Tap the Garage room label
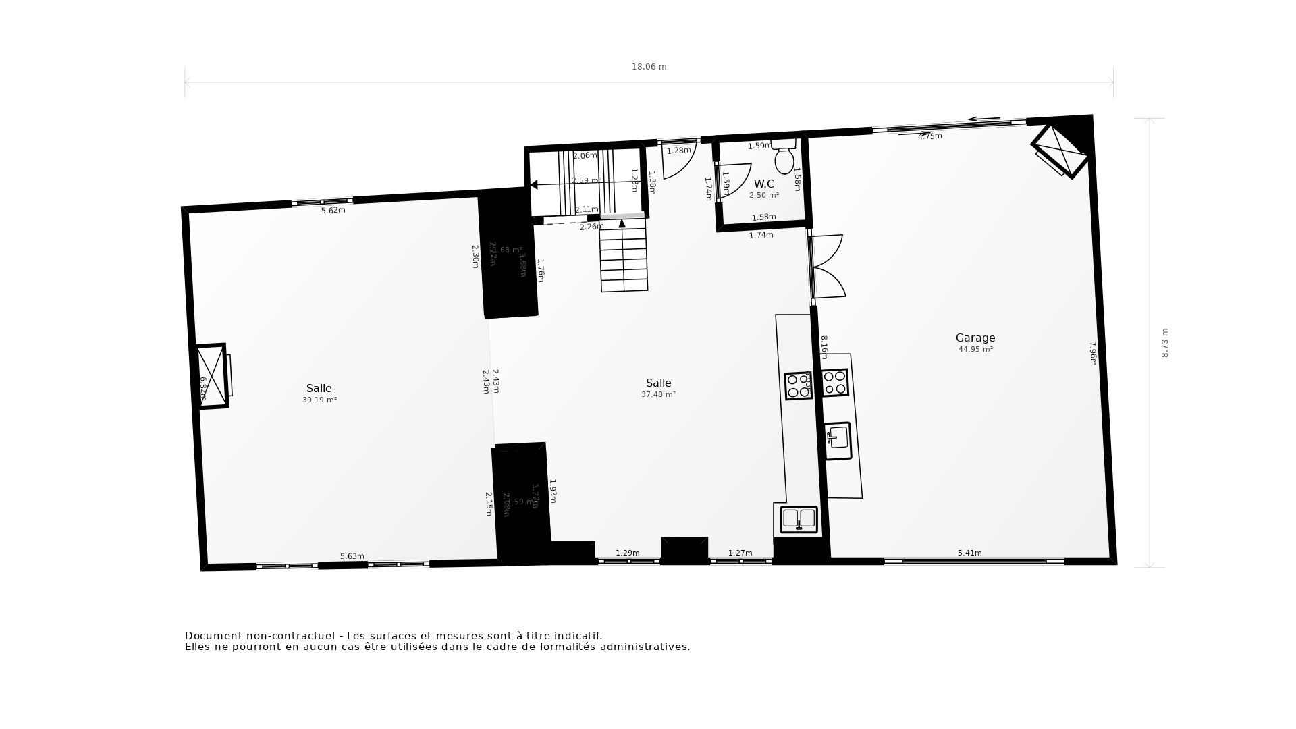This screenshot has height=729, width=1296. [x=975, y=338]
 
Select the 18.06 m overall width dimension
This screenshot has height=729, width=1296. [x=649, y=67]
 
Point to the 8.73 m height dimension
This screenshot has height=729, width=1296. [x=1164, y=343]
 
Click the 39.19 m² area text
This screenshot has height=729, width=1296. [x=319, y=400]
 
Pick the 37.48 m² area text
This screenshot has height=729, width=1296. [x=658, y=395]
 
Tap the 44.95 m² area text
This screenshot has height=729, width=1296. [x=975, y=350]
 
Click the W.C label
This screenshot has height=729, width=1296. [x=763, y=184]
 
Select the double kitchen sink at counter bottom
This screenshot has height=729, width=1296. [x=799, y=519]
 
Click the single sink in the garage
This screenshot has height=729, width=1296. [x=838, y=441]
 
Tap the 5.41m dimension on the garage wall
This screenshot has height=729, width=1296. [x=969, y=553]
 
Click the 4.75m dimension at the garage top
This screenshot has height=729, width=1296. [x=929, y=136]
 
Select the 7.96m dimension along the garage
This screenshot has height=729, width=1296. [x=1093, y=353]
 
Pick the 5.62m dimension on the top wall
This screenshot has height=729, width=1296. [x=333, y=211]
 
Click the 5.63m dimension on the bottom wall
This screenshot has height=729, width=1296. [x=352, y=557]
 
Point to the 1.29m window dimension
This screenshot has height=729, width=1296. [x=627, y=553]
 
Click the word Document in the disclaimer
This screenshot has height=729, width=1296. [x=212, y=636]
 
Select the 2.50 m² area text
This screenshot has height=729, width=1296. [x=763, y=196]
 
